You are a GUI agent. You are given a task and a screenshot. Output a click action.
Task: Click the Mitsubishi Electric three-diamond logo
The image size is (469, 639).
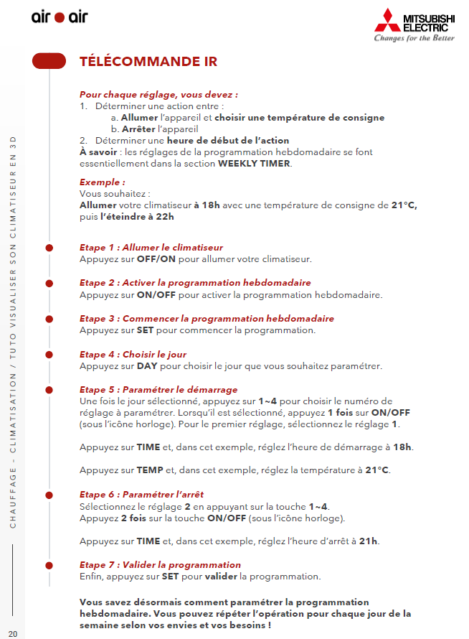(x=388, y=20)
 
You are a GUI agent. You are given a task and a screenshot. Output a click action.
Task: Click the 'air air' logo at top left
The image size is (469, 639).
(x=59, y=17)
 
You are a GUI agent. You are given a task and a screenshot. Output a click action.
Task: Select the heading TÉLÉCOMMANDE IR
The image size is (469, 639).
(x=148, y=62)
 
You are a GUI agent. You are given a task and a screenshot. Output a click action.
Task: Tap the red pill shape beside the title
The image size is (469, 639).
(x=49, y=62)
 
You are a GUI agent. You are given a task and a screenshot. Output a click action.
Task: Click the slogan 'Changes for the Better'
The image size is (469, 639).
(x=414, y=38)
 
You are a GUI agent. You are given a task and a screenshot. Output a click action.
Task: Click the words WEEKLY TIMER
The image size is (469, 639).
(x=255, y=163)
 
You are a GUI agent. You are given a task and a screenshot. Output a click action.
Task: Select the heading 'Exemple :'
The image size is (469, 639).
(x=103, y=182)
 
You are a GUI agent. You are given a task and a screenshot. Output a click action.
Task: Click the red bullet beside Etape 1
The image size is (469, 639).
(x=49, y=248)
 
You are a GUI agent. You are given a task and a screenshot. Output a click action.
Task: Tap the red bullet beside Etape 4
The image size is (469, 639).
(x=49, y=355)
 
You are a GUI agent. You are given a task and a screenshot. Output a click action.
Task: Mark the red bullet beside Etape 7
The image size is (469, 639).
(x=49, y=565)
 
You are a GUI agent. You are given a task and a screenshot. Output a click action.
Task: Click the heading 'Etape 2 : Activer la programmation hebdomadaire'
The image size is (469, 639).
(x=195, y=283)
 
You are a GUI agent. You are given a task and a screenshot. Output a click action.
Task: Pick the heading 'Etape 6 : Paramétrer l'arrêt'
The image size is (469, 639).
(x=141, y=494)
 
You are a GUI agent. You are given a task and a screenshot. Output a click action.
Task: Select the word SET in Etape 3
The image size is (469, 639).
(x=146, y=330)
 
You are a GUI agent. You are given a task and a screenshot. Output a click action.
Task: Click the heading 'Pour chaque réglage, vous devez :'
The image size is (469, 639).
(x=158, y=95)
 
